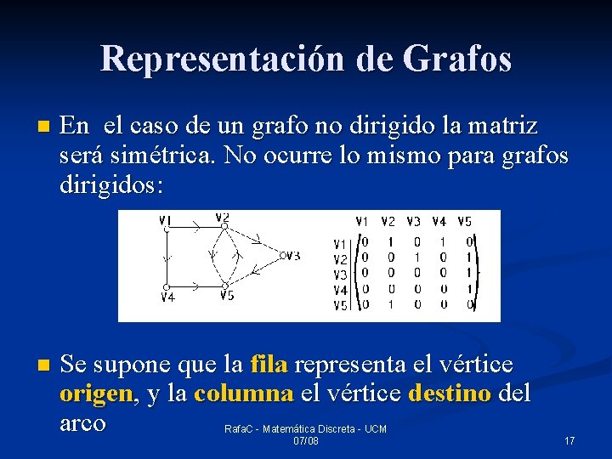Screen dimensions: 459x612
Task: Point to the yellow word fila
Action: (x=269, y=365)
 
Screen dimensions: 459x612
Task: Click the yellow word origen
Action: (x=96, y=394)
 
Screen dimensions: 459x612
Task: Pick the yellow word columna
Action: (x=244, y=394)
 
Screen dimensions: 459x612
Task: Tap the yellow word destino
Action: (x=450, y=394)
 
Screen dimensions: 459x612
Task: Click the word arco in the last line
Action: (x=82, y=422)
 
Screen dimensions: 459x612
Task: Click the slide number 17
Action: (x=569, y=441)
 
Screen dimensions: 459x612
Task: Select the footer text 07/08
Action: (x=305, y=441)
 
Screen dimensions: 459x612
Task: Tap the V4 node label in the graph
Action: (x=167, y=297)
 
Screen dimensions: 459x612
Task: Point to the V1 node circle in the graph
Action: (x=167, y=229)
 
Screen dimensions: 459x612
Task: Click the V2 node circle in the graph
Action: (x=224, y=226)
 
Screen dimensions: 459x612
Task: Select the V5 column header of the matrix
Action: (x=464, y=222)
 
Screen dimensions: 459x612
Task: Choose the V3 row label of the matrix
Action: (x=339, y=275)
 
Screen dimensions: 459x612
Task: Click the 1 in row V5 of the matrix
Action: (x=390, y=304)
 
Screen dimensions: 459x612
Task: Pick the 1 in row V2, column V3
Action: (x=416, y=258)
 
